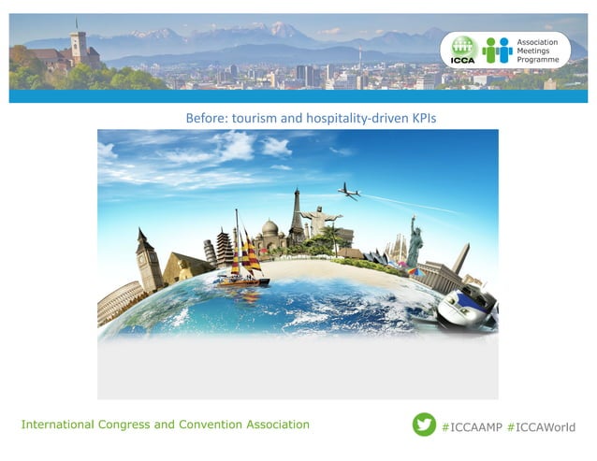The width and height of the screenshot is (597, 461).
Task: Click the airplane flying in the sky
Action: (349, 191)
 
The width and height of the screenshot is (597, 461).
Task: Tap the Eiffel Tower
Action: (297, 217)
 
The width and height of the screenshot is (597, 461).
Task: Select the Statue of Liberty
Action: (414, 241)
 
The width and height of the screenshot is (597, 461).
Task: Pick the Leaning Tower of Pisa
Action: (211, 252)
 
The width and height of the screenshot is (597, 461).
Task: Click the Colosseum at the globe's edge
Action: (118, 304)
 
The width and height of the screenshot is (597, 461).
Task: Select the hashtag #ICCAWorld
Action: (541, 426)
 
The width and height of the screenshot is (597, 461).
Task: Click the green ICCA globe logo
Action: (460, 50)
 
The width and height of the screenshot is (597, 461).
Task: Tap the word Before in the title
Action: (204, 117)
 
